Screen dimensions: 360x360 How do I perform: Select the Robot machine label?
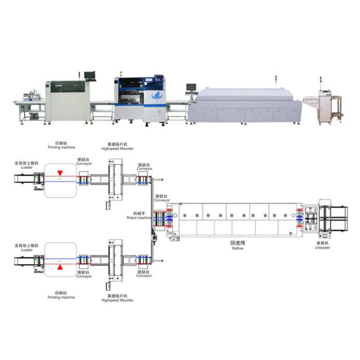tap(142, 217)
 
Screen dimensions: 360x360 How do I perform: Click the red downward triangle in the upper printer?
tap(60, 173)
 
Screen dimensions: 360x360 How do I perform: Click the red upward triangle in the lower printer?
tap(60, 266)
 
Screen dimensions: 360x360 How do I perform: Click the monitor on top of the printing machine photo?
tap(89, 76)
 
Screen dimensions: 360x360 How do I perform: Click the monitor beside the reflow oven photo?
tap(191, 88)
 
